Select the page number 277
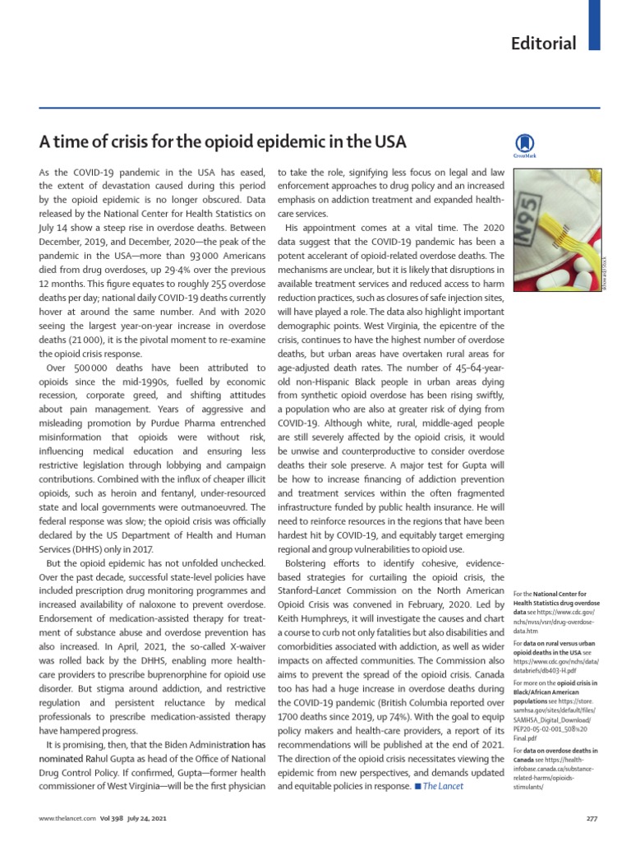click(590, 819)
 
